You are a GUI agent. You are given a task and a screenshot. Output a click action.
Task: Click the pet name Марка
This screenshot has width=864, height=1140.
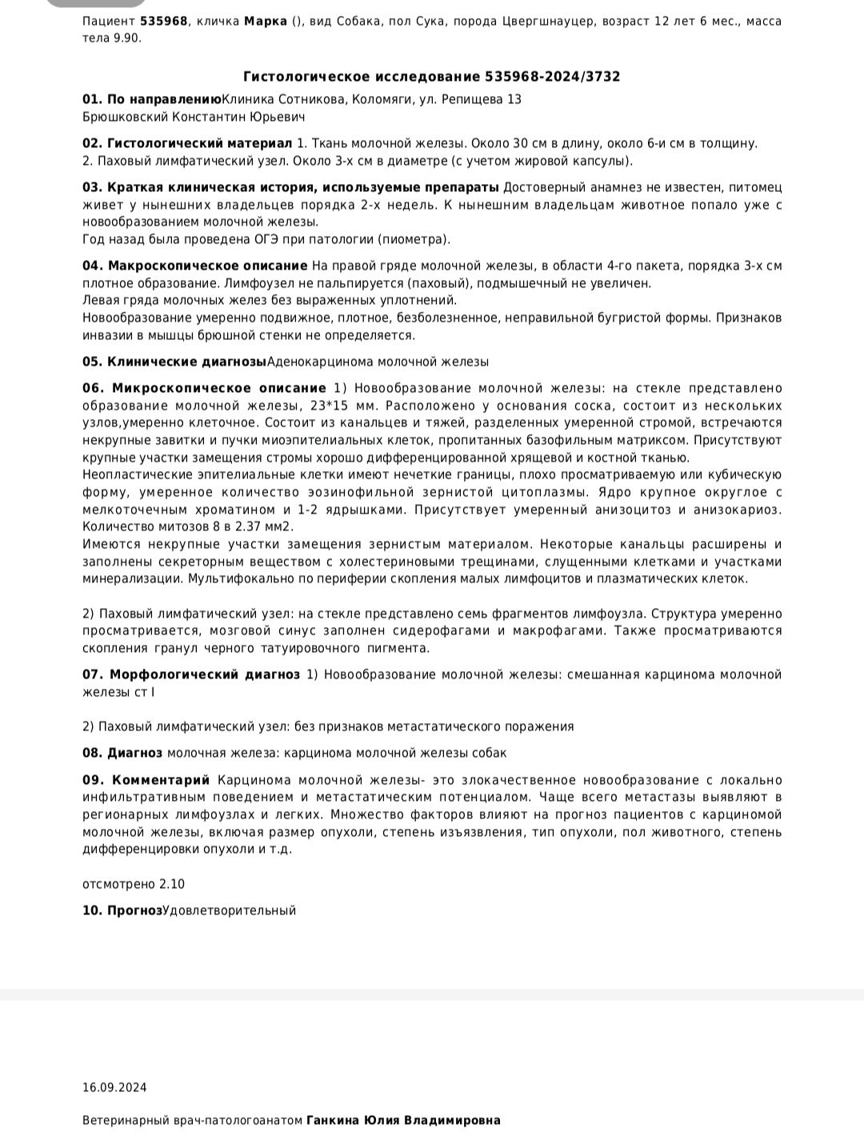tap(265, 22)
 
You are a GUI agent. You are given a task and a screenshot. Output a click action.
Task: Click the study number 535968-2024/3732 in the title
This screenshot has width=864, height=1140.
tap(552, 77)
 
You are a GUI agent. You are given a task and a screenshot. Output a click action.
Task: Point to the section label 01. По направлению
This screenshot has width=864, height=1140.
tap(151, 99)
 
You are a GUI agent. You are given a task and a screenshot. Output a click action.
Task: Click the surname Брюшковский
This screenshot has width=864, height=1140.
tap(125, 117)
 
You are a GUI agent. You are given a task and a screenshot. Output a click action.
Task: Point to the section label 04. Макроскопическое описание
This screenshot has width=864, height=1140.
tap(194, 266)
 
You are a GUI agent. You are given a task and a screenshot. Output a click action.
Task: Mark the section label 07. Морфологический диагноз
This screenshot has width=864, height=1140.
tap(191, 674)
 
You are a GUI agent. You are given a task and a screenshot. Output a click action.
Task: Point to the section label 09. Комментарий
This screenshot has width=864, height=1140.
tap(146, 780)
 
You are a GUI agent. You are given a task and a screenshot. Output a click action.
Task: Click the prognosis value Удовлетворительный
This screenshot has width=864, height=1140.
tap(229, 910)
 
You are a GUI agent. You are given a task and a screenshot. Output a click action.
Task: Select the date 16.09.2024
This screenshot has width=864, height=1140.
tap(114, 1087)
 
